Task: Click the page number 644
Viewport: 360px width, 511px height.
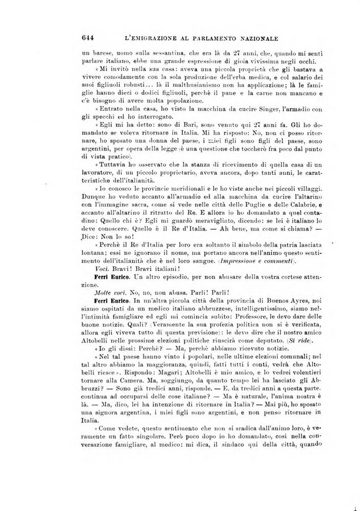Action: (x=87, y=39)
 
